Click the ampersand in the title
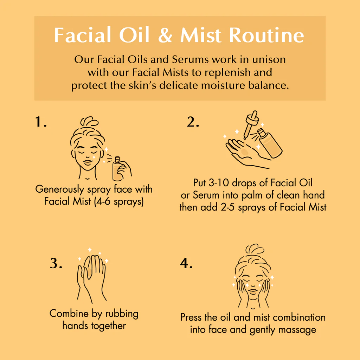point(165,35)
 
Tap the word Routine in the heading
point(266,35)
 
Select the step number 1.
point(41,122)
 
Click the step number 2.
point(193,122)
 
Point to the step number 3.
point(56,263)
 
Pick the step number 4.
point(186,263)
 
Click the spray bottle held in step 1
point(117,169)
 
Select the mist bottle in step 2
point(270,143)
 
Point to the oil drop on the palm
point(245,152)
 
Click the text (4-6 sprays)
point(119,201)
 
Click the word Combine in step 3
point(69,313)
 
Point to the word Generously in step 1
point(60,189)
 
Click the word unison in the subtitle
point(269,59)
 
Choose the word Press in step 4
point(192,317)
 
